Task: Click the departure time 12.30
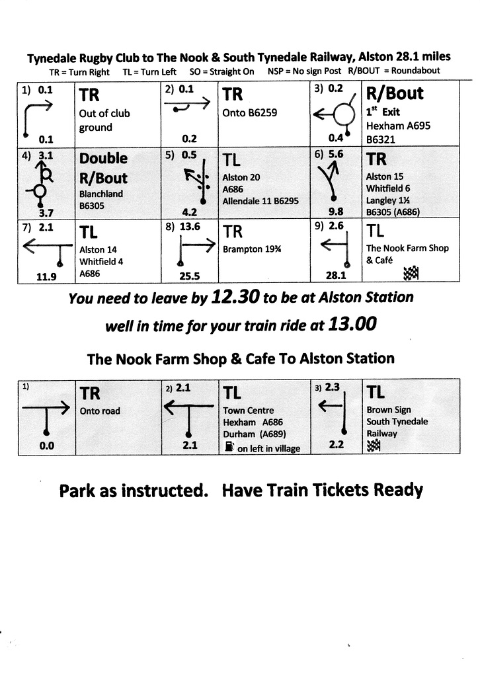click(x=235, y=298)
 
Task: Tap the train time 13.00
click(x=353, y=325)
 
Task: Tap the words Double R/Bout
click(x=103, y=168)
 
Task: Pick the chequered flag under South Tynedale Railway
click(x=372, y=446)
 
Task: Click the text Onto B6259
click(x=250, y=113)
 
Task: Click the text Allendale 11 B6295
click(x=260, y=200)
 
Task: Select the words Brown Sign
click(x=389, y=411)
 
